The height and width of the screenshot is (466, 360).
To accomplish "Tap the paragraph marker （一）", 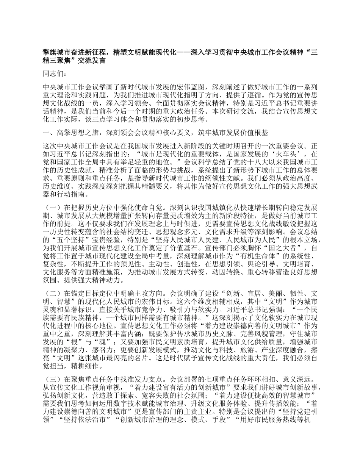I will click(53, 208).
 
